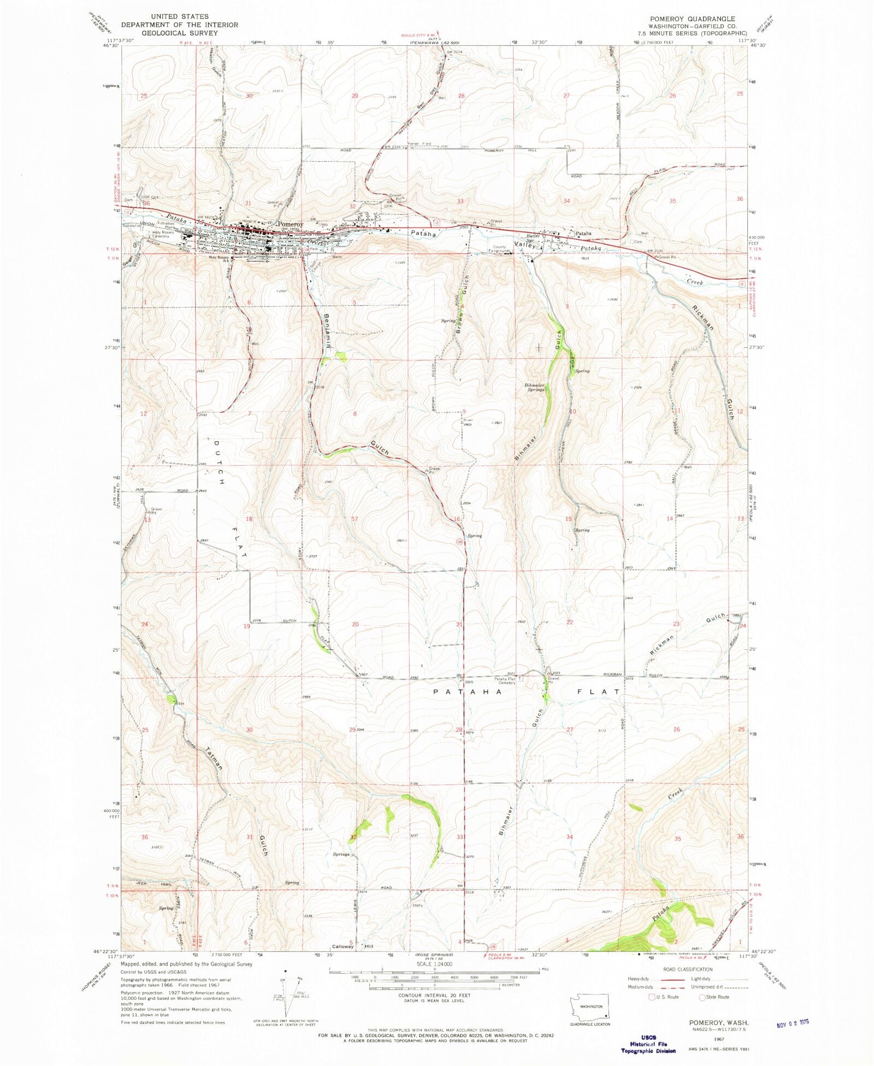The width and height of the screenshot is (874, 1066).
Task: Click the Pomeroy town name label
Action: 290,224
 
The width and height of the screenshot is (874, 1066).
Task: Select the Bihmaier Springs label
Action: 535,387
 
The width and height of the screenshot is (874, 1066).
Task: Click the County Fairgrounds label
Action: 499,249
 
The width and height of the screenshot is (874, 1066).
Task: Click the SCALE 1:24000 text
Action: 434,964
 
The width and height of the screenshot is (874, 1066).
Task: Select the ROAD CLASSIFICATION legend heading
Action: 688,969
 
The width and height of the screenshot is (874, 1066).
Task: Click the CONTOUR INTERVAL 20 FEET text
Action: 434,995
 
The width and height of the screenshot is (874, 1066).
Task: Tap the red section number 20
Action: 355,624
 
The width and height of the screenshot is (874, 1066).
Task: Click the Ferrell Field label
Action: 420,144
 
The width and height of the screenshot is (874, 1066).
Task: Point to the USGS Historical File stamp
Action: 648,1044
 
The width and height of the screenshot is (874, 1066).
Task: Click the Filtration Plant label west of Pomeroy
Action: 166,225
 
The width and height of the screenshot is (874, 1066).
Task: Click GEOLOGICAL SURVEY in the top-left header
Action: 180,33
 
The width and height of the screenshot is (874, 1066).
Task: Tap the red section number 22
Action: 570,622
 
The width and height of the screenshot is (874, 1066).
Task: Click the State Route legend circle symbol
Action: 702,997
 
